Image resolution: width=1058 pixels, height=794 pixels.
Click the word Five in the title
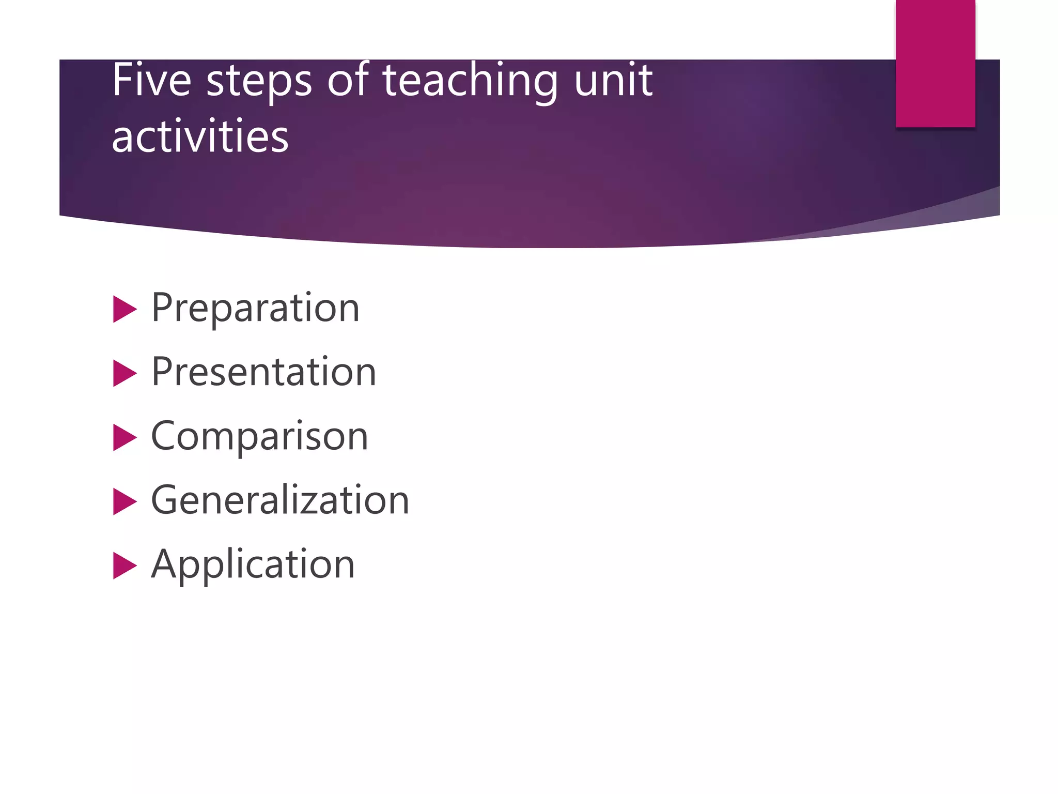coord(151,81)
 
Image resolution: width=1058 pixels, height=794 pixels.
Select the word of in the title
coord(348,80)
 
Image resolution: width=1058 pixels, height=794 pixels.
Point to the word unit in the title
coord(613,81)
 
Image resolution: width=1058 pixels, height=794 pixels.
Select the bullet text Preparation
coord(255,309)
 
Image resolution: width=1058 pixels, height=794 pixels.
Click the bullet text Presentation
coord(263,372)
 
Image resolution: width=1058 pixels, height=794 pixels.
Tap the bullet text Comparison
coord(259,437)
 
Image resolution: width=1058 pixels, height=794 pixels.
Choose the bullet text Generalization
coord(280,500)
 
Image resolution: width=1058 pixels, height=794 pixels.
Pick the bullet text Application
coord(253,565)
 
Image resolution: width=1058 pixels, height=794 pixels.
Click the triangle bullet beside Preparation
coord(124,310)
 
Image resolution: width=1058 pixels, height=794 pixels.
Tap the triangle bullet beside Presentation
coord(124,374)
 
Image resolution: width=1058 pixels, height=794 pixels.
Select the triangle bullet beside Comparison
coord(124,438)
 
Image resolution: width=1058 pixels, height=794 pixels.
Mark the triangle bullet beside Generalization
coord(124,502)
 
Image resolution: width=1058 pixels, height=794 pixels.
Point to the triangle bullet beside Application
coord(124,566)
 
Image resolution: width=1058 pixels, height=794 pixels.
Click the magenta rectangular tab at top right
coord(935,63)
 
